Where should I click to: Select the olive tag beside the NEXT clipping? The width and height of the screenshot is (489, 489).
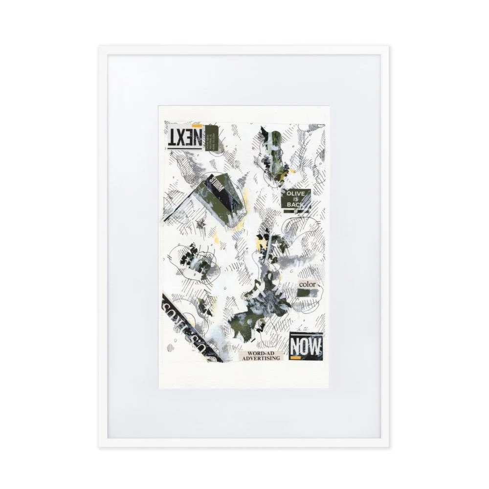[213, 139]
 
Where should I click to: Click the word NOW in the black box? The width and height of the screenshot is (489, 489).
[306, 347]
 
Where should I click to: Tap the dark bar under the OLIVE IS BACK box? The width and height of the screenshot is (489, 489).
[296, 211]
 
